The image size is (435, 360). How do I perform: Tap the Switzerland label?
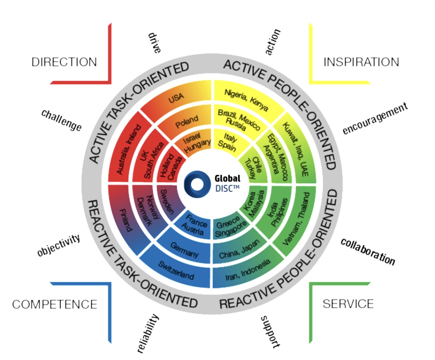[x=176, y=270]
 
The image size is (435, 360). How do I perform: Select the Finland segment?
[x=125, y=219]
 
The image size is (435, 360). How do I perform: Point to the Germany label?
[x=185, y=250]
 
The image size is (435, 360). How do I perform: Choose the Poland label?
[x=187, y=122]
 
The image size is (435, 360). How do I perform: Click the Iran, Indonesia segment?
[x=247, y=270]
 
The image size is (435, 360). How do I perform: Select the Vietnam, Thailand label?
[x=296, y=218]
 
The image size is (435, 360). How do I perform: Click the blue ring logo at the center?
[x=197, y=184]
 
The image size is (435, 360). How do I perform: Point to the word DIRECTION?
[x=64, y=62]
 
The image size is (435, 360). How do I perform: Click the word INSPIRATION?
[x=361, y=62]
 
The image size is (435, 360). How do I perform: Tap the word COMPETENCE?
[x=55, y=304]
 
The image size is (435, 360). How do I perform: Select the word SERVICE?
[x=348, y=303]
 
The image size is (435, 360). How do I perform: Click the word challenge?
[x=62, y=120]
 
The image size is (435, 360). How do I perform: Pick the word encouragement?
[x=375, y=118]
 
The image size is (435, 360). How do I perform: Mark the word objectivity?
[x=59, y=245]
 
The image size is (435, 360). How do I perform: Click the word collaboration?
[x=368, y=252]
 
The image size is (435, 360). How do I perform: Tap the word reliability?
[x=148, y=333]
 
